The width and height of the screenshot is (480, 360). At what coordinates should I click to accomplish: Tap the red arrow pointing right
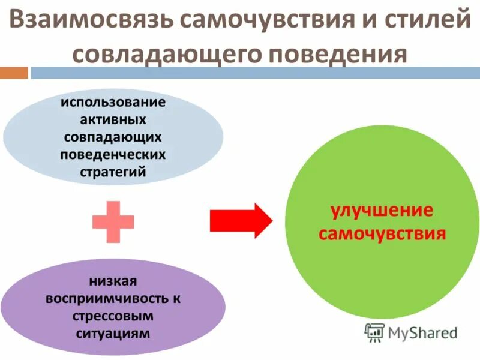(241, 221)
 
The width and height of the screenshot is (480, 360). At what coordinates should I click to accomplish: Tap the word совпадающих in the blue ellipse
(113, 136)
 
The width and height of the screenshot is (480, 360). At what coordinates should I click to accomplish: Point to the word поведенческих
(113, 154)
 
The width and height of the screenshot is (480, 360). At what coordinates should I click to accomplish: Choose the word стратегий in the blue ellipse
(113, 172)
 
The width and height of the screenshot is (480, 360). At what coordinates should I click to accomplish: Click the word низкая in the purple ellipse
(113, 280)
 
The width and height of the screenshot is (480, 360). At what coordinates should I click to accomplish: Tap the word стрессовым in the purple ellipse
(113, 315)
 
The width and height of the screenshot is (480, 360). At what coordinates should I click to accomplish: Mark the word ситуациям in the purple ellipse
(113, 332)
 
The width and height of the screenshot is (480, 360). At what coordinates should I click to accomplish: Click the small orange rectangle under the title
(14, 73)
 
